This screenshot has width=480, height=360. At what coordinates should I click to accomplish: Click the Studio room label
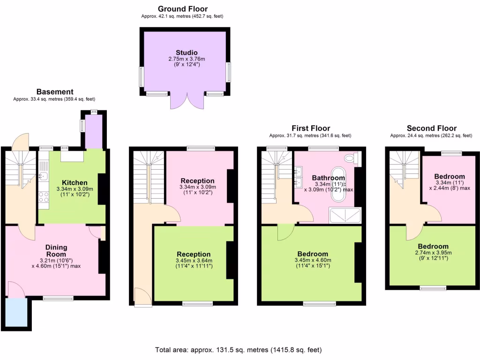click(x=186, y=52)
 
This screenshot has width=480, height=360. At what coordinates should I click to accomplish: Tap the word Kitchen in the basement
click(x=75, y=182)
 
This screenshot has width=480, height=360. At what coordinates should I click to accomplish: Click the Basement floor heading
click(x=55, y=92)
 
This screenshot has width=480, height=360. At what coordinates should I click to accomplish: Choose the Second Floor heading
click(x=431, y=128)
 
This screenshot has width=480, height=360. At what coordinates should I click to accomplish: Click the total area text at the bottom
click(x=239, y=350)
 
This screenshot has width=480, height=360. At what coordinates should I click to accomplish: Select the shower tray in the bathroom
click(x=345, y=215)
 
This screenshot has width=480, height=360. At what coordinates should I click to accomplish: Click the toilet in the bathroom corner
click(x=350, y=158)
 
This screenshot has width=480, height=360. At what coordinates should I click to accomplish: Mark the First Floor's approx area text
click(x=310, y=136)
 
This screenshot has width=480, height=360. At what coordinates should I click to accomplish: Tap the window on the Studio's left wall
click(x=141, y=77)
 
